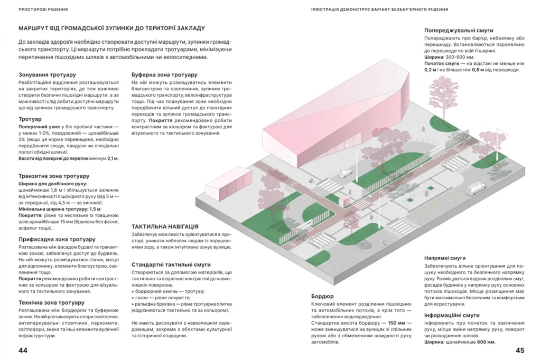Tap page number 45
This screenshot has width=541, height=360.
(x=519, y=350)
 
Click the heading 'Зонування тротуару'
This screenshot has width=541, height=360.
(x=48, y=75)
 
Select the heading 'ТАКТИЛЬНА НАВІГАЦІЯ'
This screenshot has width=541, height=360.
(x=165, y=225)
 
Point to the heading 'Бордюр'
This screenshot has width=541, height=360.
(x=323, y=297)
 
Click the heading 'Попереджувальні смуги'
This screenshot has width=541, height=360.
(x=459, y=31)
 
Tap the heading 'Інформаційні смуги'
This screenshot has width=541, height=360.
(x=452, y=316)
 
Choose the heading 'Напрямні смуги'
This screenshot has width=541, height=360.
(x=445, y=258)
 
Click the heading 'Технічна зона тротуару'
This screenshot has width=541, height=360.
(x=52, y=303)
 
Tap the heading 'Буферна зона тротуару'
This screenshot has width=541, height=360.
(x=164, y=75)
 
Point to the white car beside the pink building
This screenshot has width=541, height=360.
(x=344, y=173)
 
